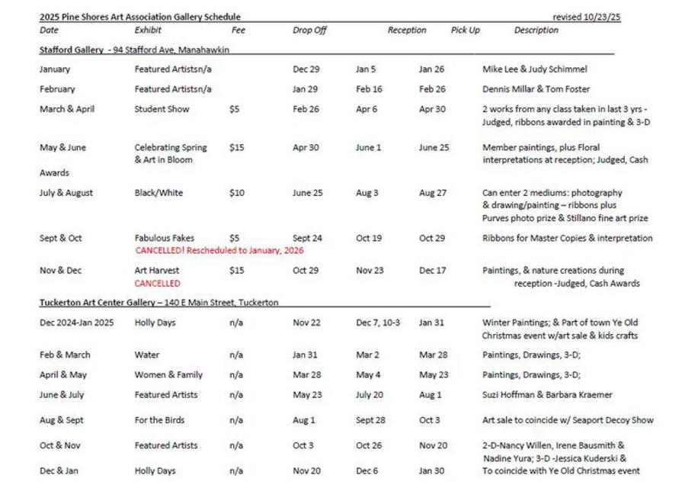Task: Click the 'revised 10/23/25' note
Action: [586, 17]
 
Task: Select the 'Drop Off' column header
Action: [309, 31]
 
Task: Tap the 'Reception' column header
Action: [407, 31]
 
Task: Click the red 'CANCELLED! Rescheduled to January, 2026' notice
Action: [218, 250]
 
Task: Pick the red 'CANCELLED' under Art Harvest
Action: [157, 283]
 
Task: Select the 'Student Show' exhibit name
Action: [162, 109]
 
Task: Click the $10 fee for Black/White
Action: [236, 193]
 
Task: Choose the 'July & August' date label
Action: [66, 193]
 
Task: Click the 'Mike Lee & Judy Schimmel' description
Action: [534, 69]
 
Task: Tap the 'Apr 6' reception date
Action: [366, 109]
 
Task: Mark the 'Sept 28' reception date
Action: [370, 420]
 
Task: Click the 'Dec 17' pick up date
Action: [432, 270]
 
